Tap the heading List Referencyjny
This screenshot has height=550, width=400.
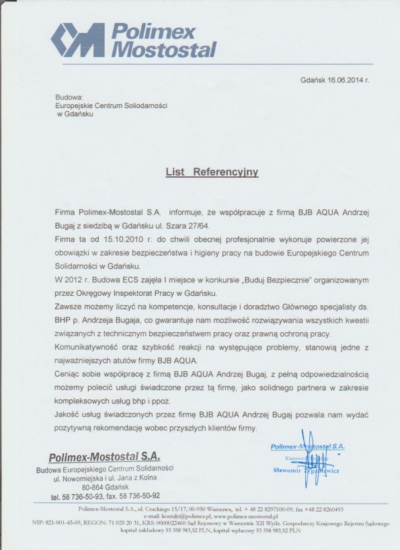click(212, 172)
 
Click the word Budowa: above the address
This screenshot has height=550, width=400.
click(69, 97)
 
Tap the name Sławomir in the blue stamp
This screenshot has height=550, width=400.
click(290, 471)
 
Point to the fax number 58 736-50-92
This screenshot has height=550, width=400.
click(149, 497)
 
